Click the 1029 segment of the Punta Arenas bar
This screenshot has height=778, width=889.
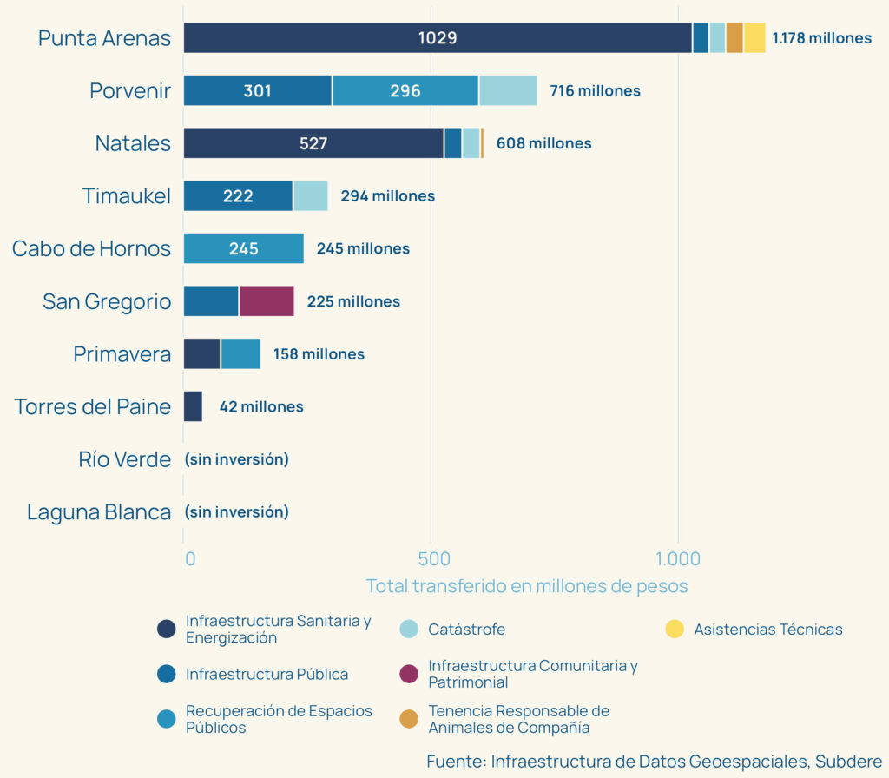(438, 38)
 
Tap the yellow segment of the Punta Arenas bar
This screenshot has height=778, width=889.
(754, 38)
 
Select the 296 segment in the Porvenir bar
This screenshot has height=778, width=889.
(405, 91)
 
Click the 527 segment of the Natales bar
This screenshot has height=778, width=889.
(313, 143)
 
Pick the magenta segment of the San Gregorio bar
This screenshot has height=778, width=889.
(267, 301)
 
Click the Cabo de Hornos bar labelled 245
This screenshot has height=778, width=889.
(244, 248)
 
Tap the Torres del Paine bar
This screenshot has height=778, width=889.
(193, 406)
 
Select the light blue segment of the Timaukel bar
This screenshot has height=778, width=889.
(310, 196)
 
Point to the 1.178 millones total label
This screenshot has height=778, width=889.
(821, 38)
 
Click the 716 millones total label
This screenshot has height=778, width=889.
(595, 91)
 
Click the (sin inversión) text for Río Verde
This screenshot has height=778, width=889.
(236, 459)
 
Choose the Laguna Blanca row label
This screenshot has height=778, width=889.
(99, 512)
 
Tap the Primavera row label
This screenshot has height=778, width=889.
(122, 354)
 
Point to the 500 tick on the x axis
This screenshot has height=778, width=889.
(431, 558)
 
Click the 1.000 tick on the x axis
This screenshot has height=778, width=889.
(677, 558)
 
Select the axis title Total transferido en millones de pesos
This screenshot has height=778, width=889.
(526, 586)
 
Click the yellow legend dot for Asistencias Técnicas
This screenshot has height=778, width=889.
(674, 630)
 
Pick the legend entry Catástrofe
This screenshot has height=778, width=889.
(466, 630)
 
